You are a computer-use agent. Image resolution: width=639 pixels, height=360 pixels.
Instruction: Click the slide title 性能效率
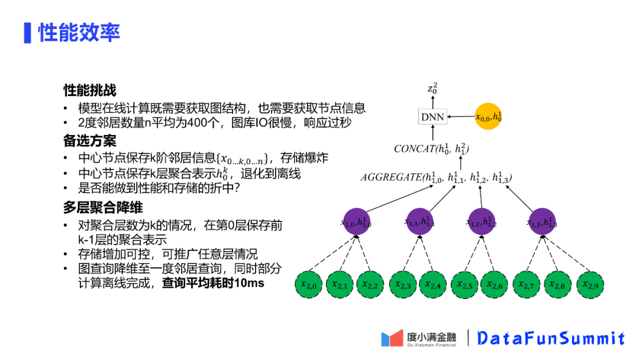(79, 33)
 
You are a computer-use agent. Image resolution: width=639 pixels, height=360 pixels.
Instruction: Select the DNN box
(433, 117)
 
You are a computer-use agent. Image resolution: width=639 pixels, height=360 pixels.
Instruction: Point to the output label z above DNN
(433, 89)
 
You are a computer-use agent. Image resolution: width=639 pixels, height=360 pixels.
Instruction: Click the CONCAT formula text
(431, 149)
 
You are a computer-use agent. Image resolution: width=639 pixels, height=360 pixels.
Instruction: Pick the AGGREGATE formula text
(436, 177)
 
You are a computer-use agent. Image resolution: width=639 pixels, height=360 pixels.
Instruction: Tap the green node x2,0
(309, 285)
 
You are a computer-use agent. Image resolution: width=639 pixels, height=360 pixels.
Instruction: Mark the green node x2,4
(433, 285)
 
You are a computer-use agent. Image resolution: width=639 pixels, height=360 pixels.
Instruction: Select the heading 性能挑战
(90, 90)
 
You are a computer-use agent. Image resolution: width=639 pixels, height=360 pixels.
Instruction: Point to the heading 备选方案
(90, 141)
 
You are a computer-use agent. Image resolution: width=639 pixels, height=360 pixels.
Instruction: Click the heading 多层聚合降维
(103, 208)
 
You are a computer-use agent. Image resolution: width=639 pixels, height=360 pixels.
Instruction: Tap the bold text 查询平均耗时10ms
(213, 283)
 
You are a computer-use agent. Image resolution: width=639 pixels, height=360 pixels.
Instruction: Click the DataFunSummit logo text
(551, 339)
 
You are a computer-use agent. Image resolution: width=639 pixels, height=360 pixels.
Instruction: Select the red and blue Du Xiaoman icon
(392, 339)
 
